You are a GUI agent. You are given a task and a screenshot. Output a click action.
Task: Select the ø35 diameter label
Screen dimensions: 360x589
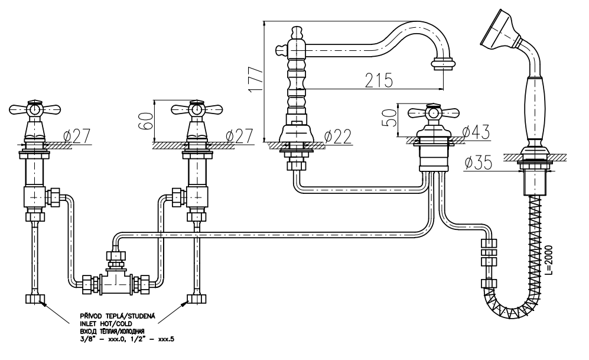(x=479, y=162)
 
